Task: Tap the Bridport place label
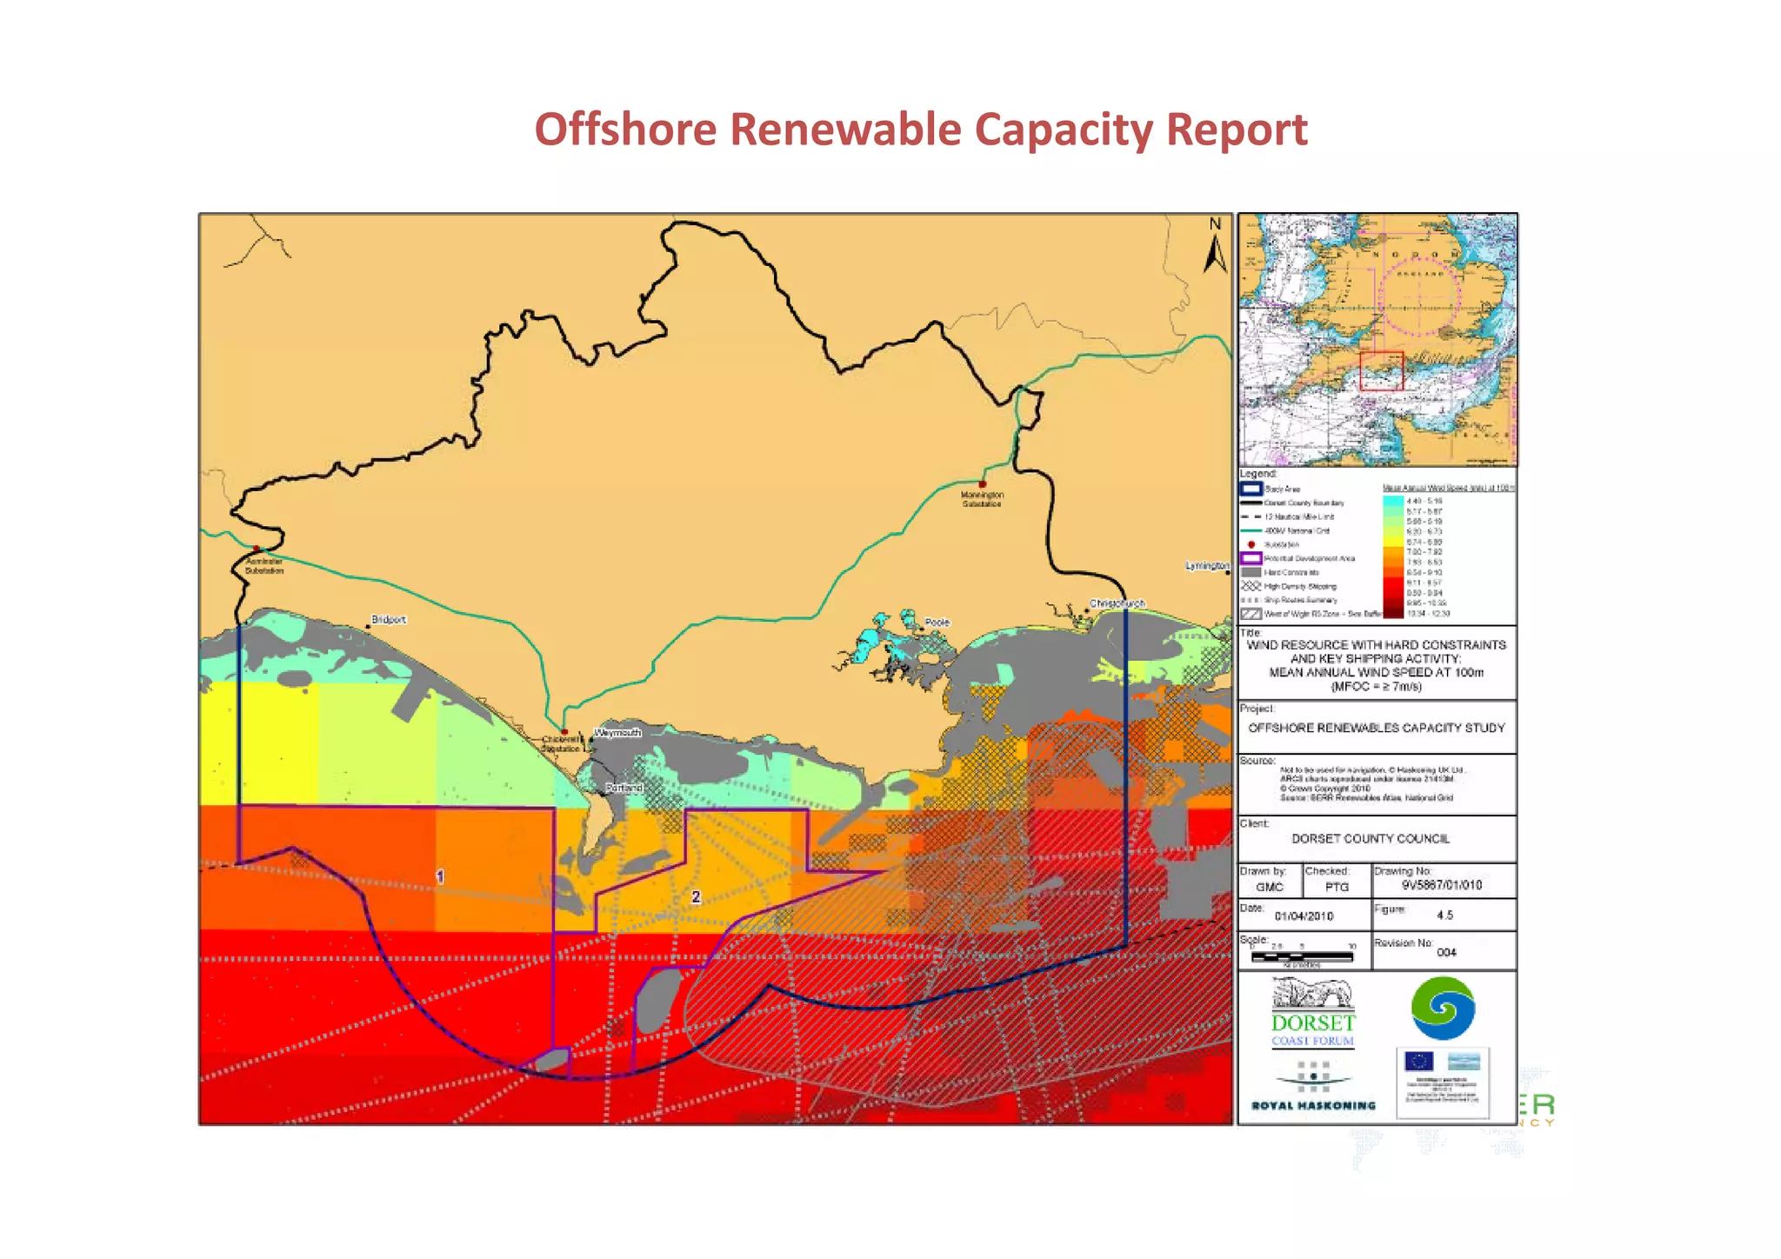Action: pos(389,620)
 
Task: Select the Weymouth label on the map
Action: pos(617,733)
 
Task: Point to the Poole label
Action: pos(937,623)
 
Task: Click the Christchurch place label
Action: pos(1117,603)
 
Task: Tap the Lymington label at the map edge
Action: pos(1207,566)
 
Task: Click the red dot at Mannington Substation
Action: pos(983,484)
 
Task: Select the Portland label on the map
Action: pos(624,788)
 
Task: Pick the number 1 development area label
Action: pos(440,876)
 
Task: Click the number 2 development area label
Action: pos(696,896)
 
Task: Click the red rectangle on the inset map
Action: pos(1381,370)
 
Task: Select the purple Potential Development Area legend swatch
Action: pos(1251,558)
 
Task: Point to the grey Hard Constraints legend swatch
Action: pos(1251,572)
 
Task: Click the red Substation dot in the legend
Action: pos(1251,544)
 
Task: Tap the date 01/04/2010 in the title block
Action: pos(1304,916)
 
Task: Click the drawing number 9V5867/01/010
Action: pos(1441,885)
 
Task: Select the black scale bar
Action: pos(1302,956)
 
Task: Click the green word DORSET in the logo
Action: pos(1312,1023)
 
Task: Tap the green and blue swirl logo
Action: pos(1443,1009)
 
